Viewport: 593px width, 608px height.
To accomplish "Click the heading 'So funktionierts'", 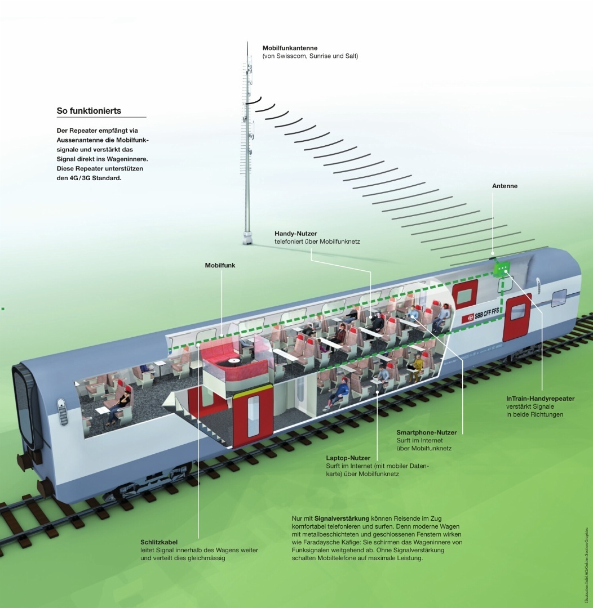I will coord(89,111).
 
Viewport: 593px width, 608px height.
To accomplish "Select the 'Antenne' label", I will coord(505,186).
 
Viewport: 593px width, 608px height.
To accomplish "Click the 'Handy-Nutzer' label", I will coord(296,233).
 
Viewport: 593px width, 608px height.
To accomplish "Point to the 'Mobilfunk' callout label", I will coord(220,264).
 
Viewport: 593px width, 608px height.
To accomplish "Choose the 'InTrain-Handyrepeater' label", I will coord(540,399).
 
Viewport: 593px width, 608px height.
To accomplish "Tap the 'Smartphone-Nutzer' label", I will coord(426,432).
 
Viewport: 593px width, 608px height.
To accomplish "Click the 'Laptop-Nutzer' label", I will coord(348,458).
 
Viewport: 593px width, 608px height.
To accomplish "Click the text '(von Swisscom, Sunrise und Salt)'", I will coord(310,56).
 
